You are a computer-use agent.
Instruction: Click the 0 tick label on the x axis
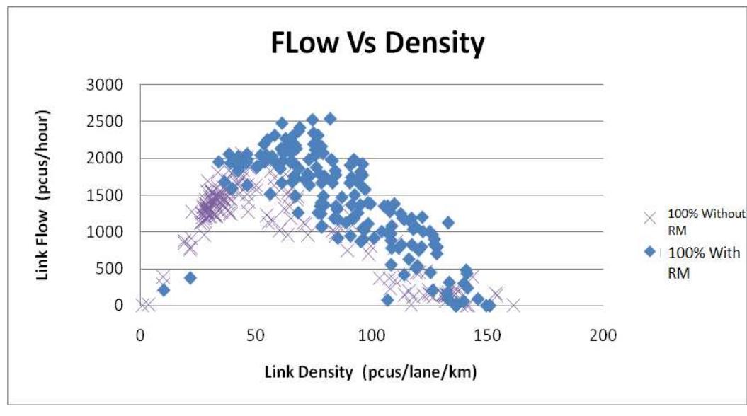[x=140, y=333]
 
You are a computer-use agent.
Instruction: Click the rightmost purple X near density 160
[x=513, y=305]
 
